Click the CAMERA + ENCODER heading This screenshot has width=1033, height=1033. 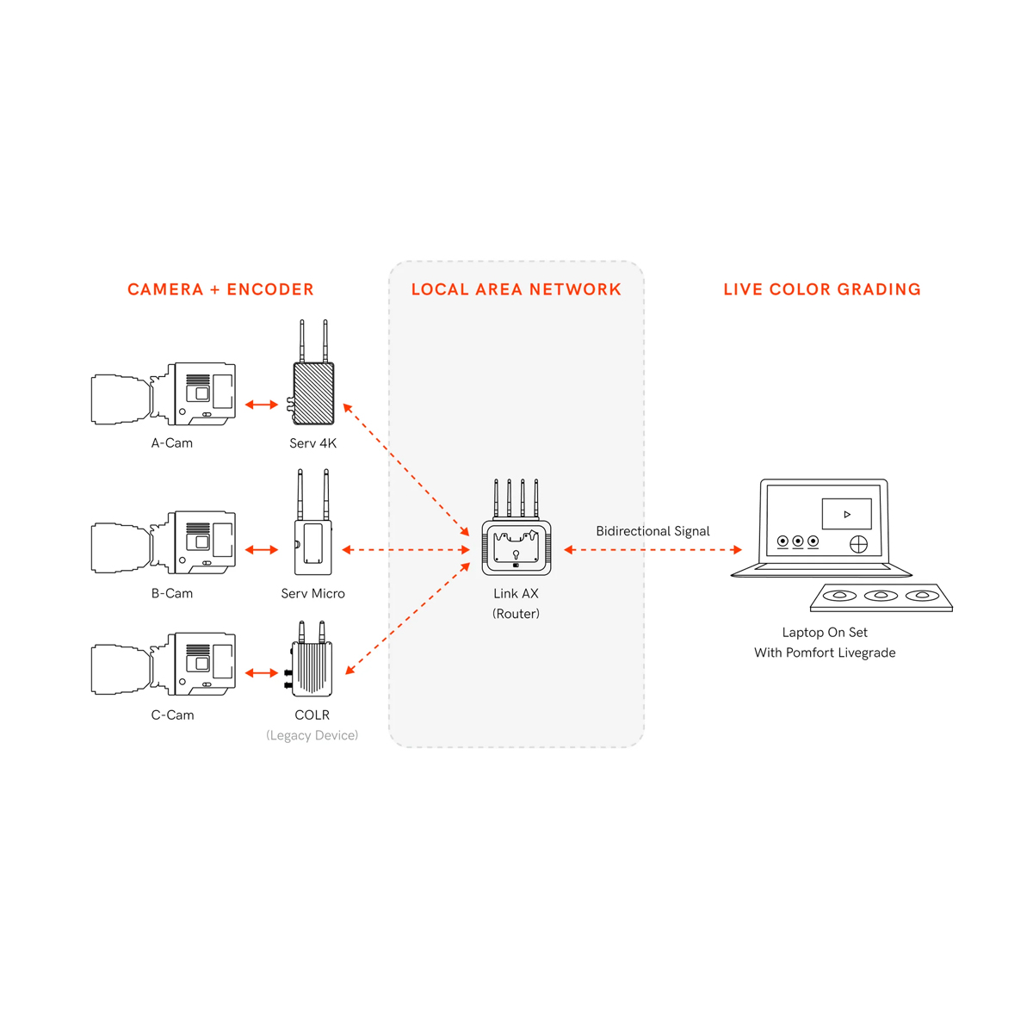[220, 289]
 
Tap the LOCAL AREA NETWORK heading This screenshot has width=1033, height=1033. [516, 289]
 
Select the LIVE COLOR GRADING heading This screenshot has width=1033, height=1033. [822, 289]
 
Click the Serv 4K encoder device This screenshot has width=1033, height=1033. [313, 393]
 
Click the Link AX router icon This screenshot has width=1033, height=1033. [516, 546]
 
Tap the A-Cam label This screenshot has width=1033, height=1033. [172, 443]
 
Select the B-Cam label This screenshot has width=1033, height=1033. [172, 593]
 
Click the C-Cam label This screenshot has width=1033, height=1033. [172, 714]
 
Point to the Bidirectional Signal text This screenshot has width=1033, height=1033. [653, 531]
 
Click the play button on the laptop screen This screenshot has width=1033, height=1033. [847, 514]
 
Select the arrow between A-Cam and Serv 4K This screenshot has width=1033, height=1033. [262, 405]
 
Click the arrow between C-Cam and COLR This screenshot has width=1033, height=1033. [262, 673]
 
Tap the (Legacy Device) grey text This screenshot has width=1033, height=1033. [312, 735]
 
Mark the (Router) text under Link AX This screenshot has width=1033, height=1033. [516, 614]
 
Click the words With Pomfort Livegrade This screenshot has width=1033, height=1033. [825, 653]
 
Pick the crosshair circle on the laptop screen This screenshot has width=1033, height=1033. [858, 544]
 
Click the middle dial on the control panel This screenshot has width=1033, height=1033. [881, 595]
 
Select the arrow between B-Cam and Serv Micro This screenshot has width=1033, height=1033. [262, 549]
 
